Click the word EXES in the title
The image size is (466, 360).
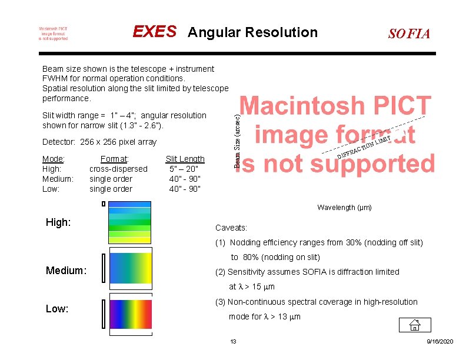(154, 32)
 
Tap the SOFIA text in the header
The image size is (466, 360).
(409, 34)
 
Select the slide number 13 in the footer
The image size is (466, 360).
(233, 342)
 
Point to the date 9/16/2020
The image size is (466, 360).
(440, 342)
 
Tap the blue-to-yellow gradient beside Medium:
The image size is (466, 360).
(129, 268)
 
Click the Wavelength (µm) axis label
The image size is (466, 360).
(344, 208)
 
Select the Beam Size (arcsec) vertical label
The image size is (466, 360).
(237, 134)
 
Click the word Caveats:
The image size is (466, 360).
(231, 228)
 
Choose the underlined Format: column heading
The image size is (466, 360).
(115, 159)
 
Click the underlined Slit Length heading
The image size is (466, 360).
(185, 159)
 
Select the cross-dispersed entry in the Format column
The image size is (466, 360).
(118, 169)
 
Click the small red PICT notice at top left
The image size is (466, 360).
(53, 33)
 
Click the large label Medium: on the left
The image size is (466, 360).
(66, 271)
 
